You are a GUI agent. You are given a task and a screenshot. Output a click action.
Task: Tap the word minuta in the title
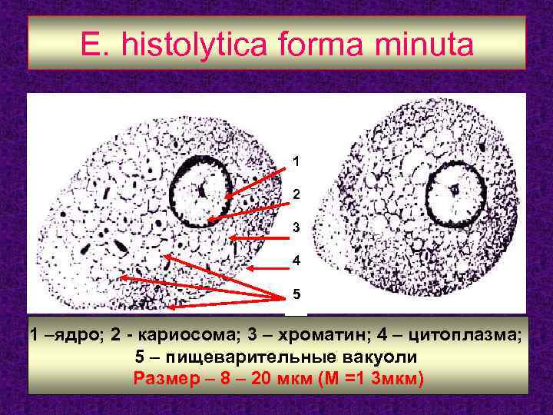[419, 45]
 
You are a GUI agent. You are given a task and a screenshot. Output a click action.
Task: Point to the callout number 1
[296, 162]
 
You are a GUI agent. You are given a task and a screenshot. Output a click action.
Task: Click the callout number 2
[296, 195]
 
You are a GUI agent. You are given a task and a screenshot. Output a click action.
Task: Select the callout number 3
[296, 228]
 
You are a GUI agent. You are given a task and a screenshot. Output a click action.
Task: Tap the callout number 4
[296, 261]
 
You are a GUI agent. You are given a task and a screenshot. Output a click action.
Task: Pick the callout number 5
[296, 294]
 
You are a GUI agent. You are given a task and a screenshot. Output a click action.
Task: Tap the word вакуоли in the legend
[379, 357]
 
